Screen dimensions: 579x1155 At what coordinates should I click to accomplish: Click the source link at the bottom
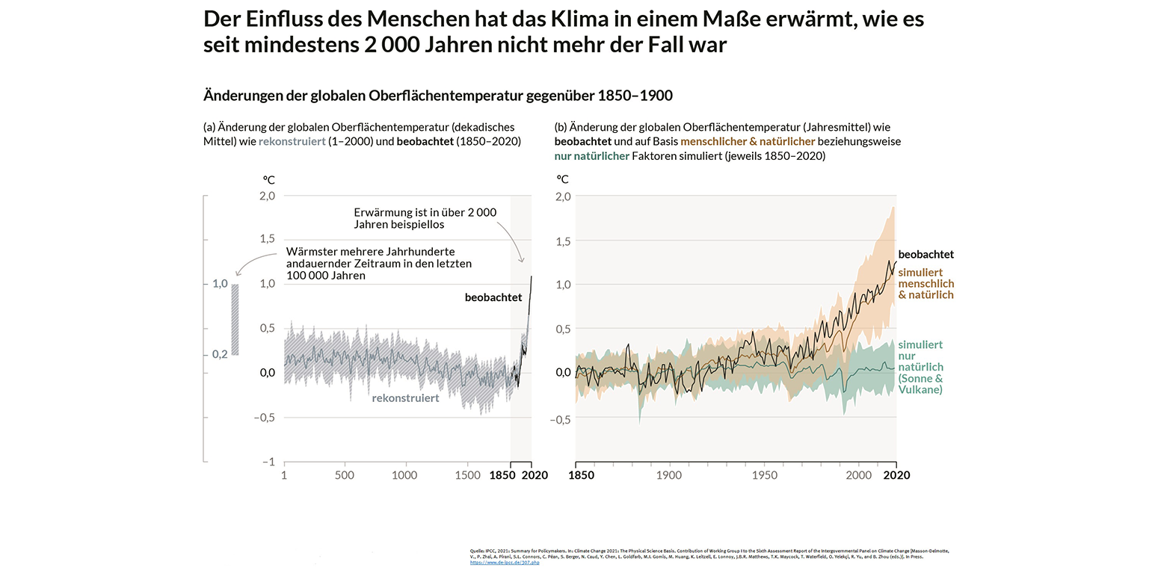(505, 562)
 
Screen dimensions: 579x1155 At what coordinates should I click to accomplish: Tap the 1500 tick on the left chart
(468, 475)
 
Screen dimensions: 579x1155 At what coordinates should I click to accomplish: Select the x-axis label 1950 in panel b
(765, 475)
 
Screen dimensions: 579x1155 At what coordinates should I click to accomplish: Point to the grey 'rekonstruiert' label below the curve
(405, 398)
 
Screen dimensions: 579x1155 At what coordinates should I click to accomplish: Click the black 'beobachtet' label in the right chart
(925, 255)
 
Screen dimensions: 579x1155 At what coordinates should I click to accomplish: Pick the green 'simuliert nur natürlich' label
(920, 367)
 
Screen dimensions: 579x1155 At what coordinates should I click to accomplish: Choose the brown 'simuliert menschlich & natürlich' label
(925, 284)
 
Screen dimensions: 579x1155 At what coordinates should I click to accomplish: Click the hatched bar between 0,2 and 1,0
(235, 319)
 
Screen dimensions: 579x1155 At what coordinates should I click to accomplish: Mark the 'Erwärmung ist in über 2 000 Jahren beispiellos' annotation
(425, 218)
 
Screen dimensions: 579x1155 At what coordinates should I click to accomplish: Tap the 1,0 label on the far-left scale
(219, 284)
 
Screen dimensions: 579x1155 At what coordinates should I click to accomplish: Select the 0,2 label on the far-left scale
(219, 354)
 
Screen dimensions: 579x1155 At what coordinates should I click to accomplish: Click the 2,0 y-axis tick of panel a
(267, 196)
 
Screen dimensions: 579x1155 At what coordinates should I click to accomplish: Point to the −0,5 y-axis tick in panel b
(561, 420)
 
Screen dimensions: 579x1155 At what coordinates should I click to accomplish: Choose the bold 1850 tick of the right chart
(581, 475)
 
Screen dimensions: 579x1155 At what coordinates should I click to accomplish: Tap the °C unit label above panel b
(562, 179)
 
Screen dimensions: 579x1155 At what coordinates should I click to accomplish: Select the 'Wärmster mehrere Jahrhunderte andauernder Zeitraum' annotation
(378, 263)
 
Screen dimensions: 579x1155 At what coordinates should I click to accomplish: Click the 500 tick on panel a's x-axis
(344, 475)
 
